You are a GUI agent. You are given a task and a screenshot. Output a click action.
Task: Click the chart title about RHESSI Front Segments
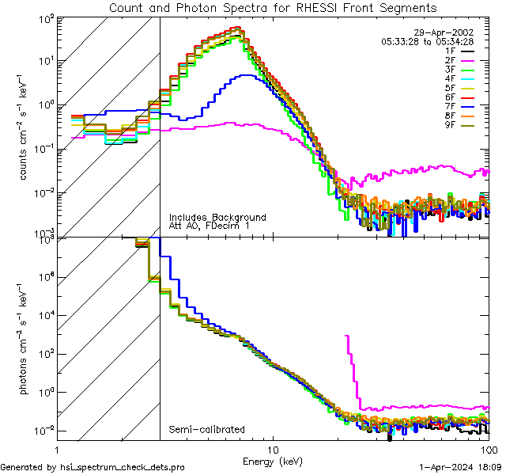tap(273, 7)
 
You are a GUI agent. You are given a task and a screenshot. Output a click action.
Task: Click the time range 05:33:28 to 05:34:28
tap(427, 41)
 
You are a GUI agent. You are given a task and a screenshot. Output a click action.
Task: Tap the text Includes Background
tap(217, 218)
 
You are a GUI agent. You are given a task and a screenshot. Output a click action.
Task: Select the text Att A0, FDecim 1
tap(209, 226)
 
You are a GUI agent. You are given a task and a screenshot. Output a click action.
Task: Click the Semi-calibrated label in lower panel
tap(207, 429)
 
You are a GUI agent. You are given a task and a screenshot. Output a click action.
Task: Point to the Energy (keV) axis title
tap(273, 460)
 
